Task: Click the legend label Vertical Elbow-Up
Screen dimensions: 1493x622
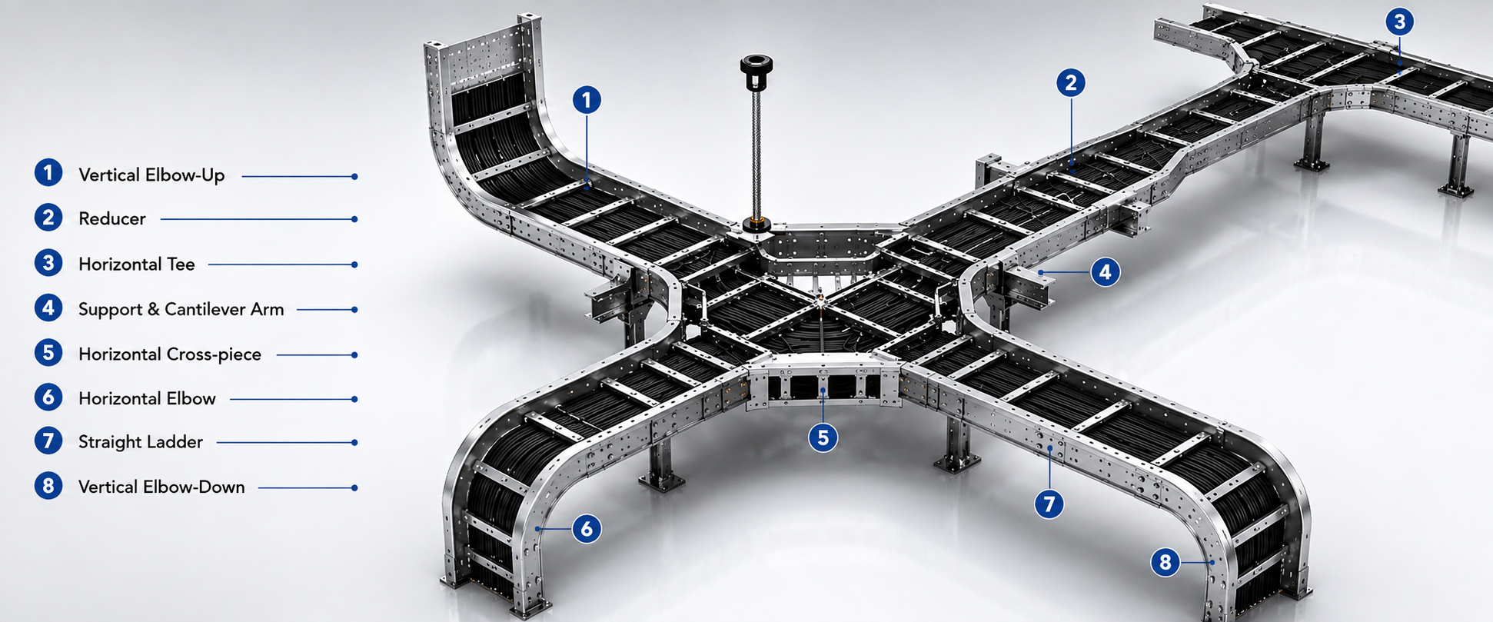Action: pos(151,175)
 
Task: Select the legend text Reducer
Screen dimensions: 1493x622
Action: pos(112,219)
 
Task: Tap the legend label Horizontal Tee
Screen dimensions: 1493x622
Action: pos(137,264)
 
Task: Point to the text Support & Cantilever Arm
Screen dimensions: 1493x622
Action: pos(181,309)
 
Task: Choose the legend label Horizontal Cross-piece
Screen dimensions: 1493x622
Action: pos(170,354)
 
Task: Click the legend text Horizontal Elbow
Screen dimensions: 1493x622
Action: pos(147,398)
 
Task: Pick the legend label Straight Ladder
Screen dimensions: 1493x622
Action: pos(141,442)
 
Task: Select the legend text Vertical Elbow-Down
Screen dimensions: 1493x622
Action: pos(161,487)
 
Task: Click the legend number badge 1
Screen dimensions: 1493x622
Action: pos(48,173)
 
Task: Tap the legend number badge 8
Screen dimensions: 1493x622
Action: pos(48,486)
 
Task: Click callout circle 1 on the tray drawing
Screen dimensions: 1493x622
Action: pos(587,100)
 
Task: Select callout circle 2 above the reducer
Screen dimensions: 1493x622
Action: pos(1071,83)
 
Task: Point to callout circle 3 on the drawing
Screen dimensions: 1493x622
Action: pos(1399,22)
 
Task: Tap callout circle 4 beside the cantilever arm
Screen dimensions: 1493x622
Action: pos(1105,271)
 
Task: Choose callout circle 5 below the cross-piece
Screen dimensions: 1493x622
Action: pos(823,437)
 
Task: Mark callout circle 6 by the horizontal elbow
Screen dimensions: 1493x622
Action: pos(587,528)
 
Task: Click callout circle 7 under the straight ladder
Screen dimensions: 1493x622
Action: pos(1049,504)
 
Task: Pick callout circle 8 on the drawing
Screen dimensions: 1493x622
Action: pos(1165,562)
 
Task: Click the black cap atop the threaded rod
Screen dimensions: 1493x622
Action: pos(756,67)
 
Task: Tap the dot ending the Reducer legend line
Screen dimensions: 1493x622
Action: pos(354,219)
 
